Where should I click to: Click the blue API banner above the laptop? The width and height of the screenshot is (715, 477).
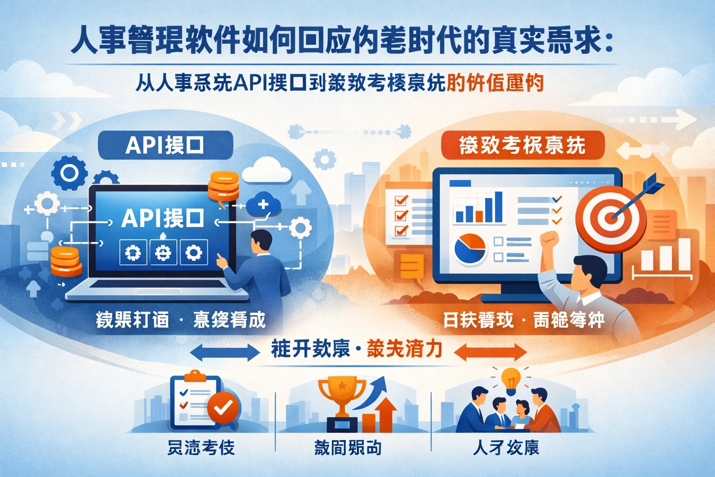click(x=165, y=145)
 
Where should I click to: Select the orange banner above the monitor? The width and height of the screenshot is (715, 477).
click(x=522, y=145)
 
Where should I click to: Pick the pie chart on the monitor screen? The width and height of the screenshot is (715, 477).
click(x=470, y=248)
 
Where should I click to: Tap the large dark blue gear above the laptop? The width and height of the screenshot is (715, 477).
click(x=69, y=173)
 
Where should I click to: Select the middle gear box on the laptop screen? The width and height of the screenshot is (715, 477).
click(x=162, y=253)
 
